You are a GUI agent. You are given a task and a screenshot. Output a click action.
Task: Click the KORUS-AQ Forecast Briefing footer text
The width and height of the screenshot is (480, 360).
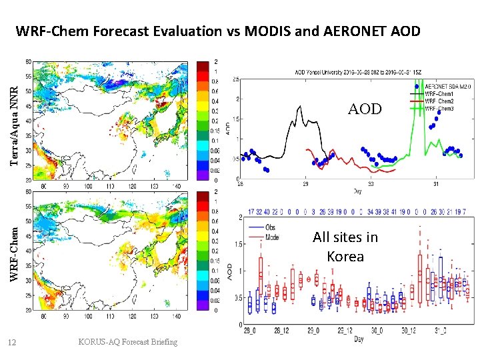pos(128,342)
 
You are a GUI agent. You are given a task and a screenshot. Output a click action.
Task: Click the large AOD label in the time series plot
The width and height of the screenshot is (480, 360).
pos(365,109)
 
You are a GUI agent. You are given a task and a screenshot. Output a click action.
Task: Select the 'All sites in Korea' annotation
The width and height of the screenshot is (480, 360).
pos(345,246)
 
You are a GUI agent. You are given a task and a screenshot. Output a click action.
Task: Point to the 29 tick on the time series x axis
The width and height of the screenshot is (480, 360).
pos(305,184)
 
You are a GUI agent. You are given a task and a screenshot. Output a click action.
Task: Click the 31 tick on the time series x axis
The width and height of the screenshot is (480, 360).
pos(436,184)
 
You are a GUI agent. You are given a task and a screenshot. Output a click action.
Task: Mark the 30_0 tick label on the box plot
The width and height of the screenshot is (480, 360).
pos(377,331)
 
